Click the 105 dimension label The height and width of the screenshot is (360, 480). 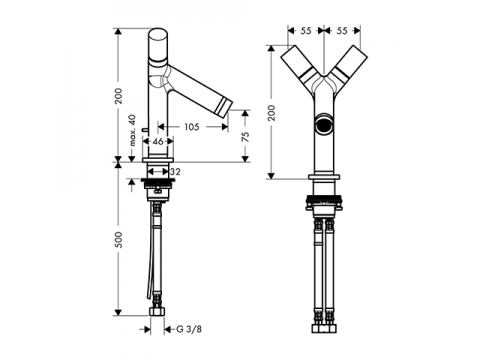(192, 127)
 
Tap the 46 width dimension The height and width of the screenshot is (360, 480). (158, 142)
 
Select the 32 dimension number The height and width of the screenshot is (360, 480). (175, 172)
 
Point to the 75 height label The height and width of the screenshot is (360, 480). (245, 137)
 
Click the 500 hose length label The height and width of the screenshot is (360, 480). (118, 240)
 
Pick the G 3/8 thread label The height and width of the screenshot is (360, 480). (189, 329)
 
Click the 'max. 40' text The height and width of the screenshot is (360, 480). (133, 130)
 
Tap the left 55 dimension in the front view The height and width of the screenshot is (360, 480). (306, 31)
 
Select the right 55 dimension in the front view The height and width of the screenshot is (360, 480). (342, 31)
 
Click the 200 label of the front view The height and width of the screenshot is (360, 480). (272, 113)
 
